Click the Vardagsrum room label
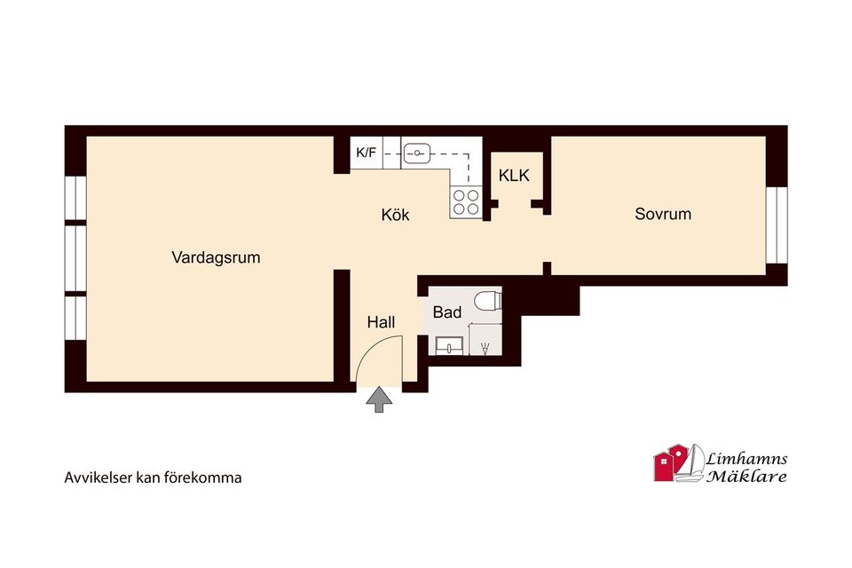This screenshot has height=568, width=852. click(216, 257)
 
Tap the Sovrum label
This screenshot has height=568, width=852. click(663, 214)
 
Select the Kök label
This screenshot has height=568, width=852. click(395, 215)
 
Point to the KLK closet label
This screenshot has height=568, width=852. click(514, 175)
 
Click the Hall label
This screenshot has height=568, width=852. click(381, 322)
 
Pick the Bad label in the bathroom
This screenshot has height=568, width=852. click(446, 312)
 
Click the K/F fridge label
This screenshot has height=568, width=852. click(366, 153)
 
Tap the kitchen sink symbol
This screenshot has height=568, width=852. click(417, 154)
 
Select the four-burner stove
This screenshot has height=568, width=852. click(466, 202)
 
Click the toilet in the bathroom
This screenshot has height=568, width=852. click(487, 299)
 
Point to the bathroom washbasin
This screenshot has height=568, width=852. click(449, 346)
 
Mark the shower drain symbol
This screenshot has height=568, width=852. click(485, 347)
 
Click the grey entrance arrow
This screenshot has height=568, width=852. click(379, 399)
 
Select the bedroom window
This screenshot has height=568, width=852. click(777, 225)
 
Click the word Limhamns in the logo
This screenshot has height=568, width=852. click(746, 459)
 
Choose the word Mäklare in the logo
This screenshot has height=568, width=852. click(746, 477)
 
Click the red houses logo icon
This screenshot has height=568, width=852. click(672, 462)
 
